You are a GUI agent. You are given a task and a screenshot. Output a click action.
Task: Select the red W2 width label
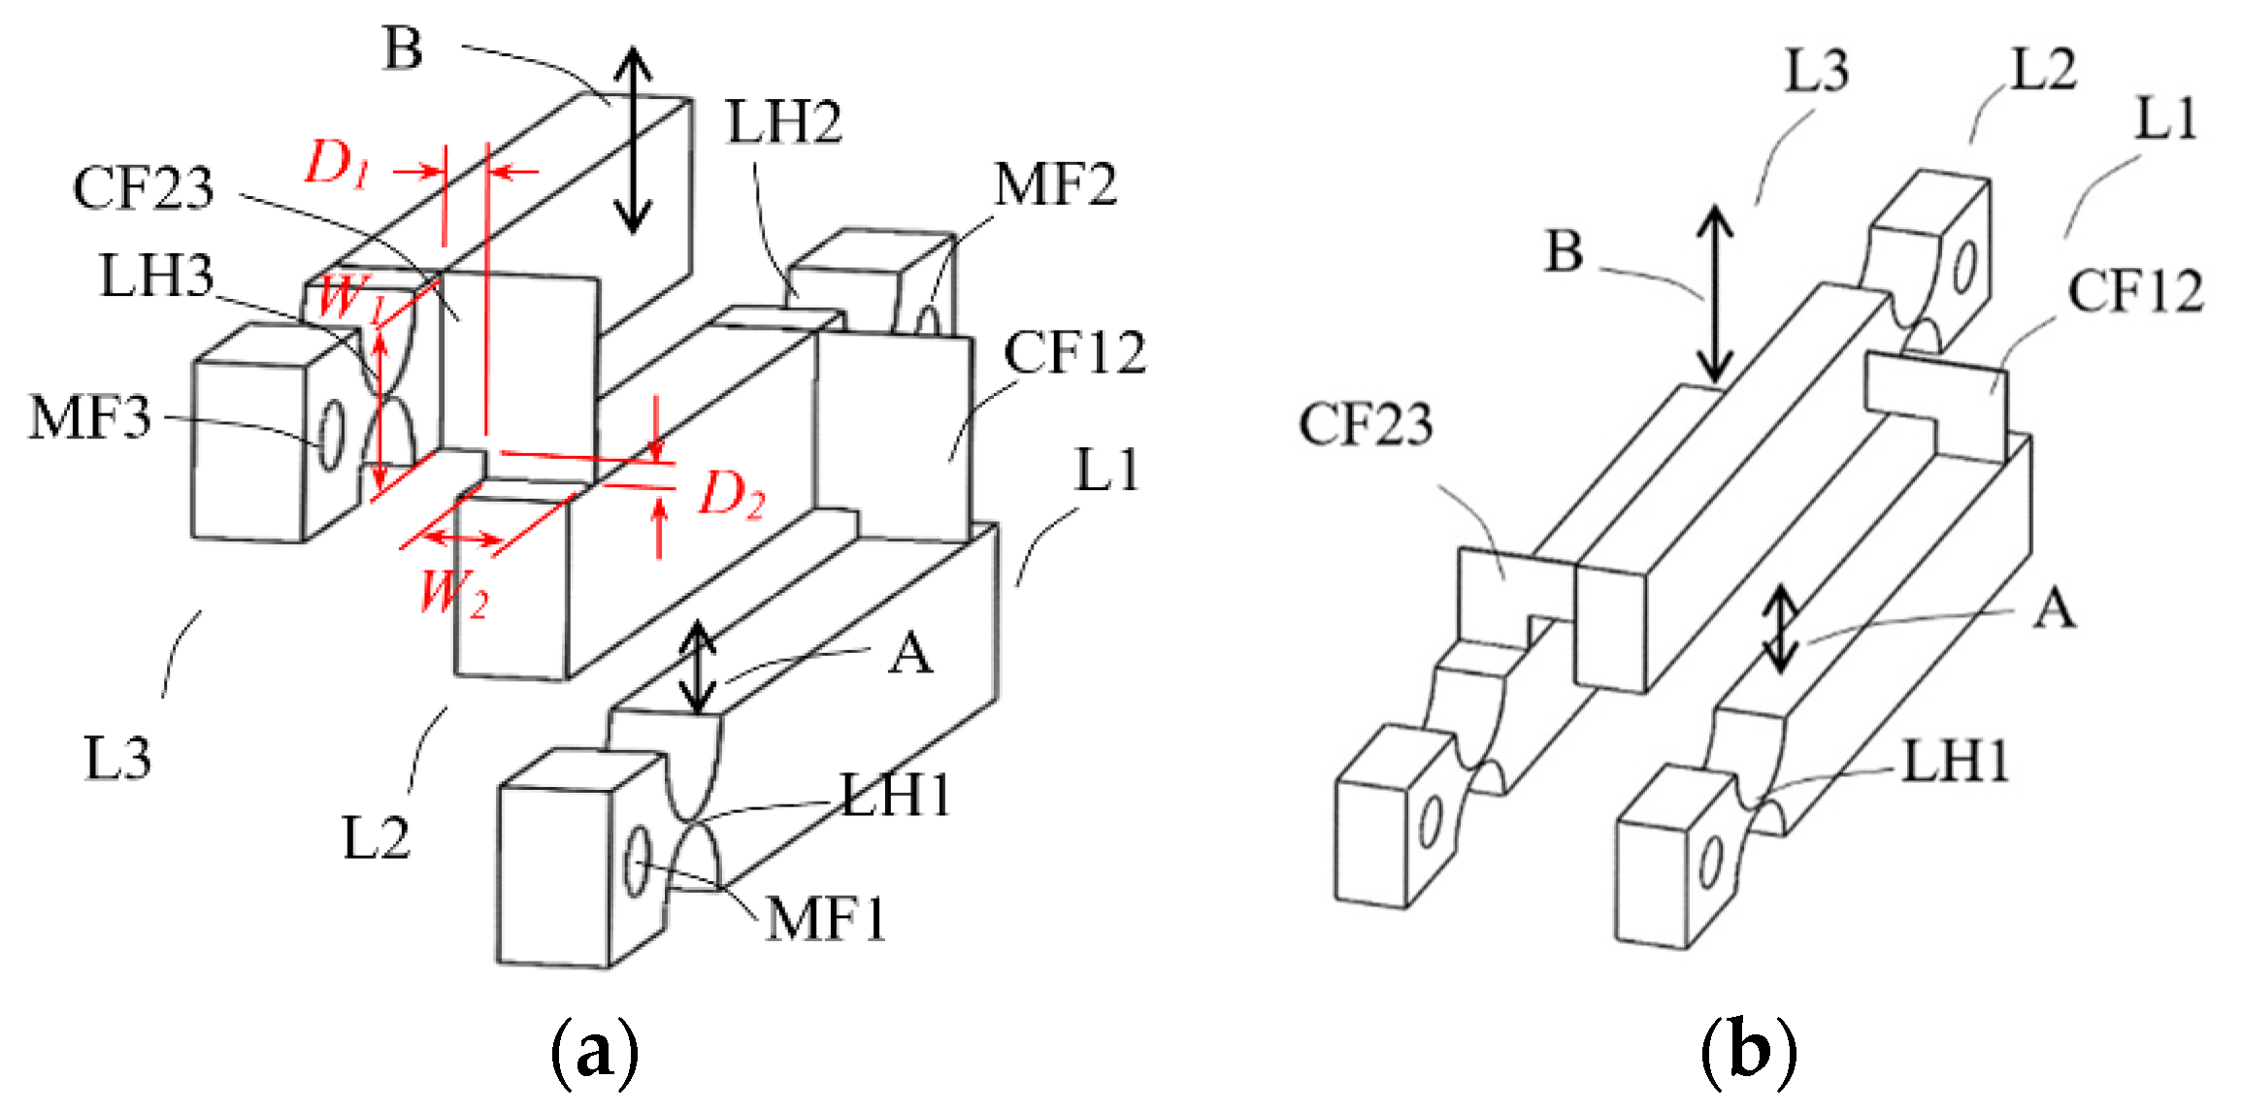[x=453, y=592]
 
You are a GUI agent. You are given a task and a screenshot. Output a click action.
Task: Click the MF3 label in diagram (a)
[x=90, y=418]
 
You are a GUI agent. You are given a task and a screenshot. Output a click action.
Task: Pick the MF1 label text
[x=826, y=919]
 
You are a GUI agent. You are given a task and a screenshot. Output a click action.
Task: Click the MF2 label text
[x=1055, y=184]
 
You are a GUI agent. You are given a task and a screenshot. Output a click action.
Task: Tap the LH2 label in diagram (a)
[x=784, y=123]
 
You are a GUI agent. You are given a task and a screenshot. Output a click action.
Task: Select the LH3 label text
[x=156, y=276]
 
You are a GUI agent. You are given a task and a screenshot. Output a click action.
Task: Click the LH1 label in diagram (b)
[x=1955, y=762]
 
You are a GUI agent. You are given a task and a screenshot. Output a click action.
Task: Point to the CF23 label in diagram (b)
[x=1366, y=425]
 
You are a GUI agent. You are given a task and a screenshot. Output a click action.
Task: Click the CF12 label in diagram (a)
[x=1074, y=352]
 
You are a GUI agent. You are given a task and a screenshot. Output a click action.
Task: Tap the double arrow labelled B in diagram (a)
[x=634, y=141]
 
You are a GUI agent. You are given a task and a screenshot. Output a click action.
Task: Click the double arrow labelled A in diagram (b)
[x=1781, y=629]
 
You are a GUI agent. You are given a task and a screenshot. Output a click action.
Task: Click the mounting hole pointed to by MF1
[x=637, y=861]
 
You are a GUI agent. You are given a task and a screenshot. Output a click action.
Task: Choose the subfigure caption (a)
[x=594, y=1053]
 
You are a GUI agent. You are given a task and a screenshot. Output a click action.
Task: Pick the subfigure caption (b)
[x=1748, y=1053]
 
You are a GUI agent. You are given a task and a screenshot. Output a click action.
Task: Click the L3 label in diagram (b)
[x=1816, y=71]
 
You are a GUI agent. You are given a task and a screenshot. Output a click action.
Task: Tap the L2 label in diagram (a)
[x=376, y=838]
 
